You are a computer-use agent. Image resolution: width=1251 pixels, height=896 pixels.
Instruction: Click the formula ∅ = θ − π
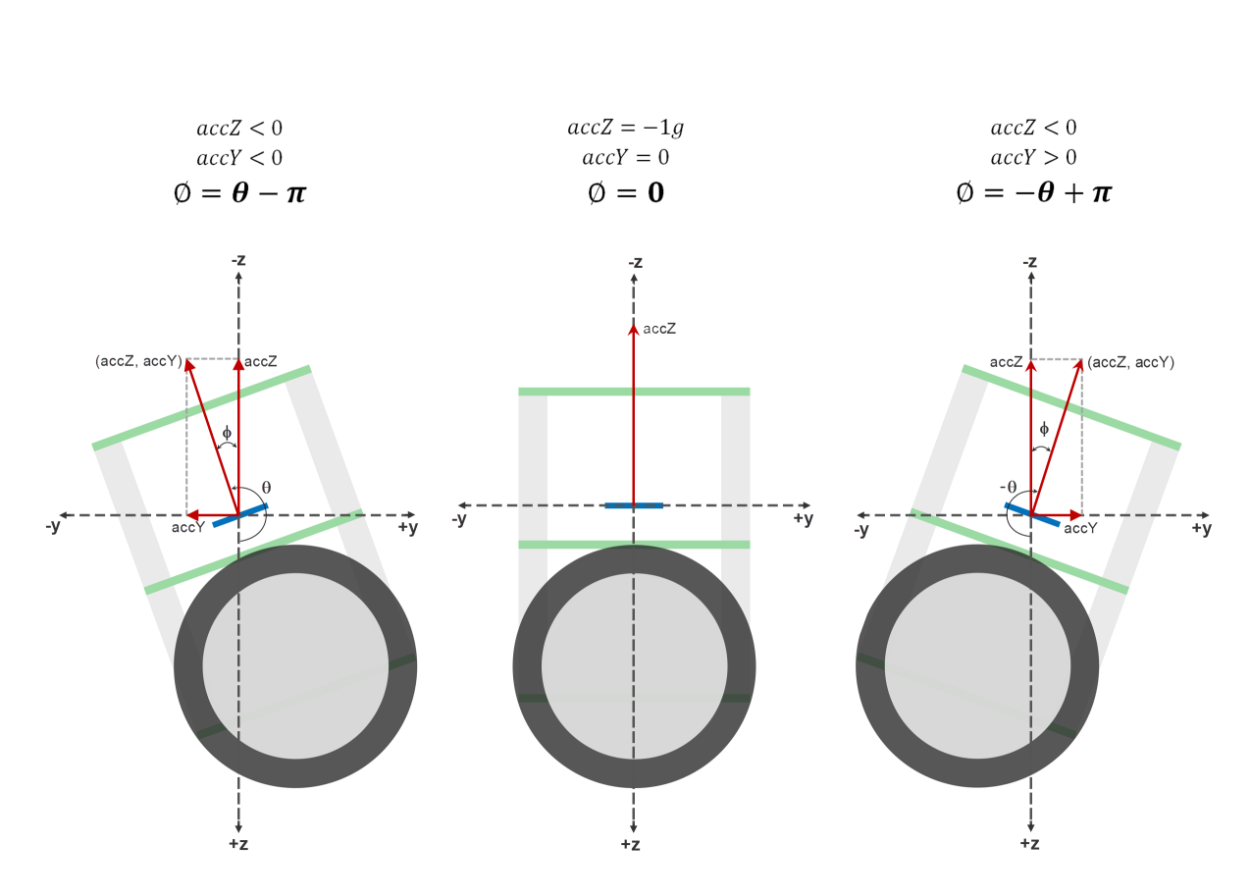pos(239,192)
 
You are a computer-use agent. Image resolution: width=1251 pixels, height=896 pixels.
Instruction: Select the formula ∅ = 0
pos(625,192)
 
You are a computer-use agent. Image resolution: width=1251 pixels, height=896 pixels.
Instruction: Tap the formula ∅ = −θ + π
pos(1033,192)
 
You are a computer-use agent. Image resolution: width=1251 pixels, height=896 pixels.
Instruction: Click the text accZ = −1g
pos(625,128)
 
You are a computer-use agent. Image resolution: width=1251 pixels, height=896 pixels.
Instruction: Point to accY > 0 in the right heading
pos(1033,157)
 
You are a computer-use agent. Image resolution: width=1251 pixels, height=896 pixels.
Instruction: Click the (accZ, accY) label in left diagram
pos(138,361)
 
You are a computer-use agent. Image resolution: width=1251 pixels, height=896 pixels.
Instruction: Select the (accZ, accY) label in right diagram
pos(1131,362)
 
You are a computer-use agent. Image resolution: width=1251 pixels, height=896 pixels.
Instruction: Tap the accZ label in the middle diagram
pos(659,329)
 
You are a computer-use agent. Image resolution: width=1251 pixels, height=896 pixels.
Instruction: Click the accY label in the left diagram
pos(187,528)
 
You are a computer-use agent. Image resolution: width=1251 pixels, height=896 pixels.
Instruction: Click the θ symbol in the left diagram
pos(266,487)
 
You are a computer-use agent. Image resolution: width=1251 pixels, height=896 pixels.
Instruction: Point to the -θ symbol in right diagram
pos(1008,487)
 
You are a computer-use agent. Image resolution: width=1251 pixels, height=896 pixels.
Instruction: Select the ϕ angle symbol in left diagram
pos(227,432)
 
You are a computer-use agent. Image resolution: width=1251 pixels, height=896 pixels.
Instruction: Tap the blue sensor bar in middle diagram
pos(634,505)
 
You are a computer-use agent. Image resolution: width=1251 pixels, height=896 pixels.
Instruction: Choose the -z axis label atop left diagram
pos(238,261)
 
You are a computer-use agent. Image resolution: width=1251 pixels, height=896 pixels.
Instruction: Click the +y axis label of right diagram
pos(1201,529)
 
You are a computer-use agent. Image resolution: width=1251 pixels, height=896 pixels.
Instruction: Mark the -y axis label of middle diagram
pos(458,519)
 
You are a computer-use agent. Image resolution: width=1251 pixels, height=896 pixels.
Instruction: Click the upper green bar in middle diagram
pos(634,392)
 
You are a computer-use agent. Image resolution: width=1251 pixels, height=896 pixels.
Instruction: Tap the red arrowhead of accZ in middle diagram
pos(634,329)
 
